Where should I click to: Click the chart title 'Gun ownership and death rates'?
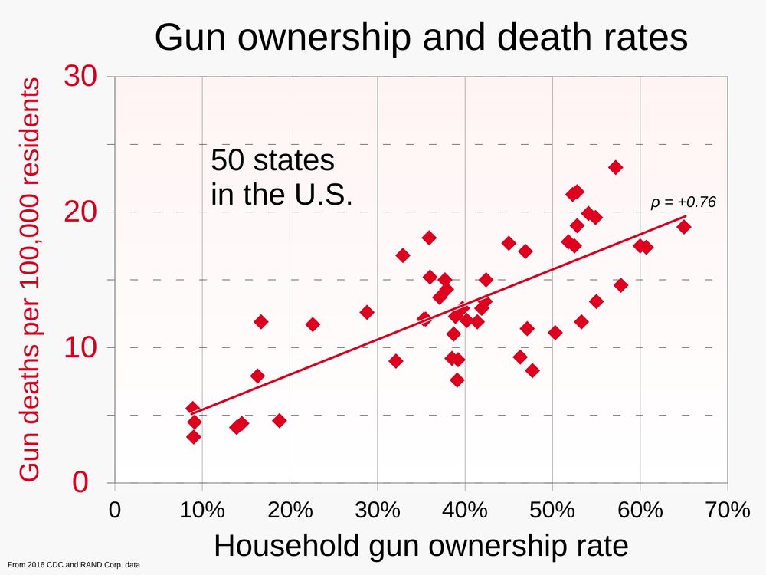pyautogui.click(x=421, y=38)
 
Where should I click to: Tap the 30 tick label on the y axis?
pyautogui.click(x=82, y=77)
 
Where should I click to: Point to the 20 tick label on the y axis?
pyautogui.click(x=82, y=212)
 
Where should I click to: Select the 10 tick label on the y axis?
pyautogui.click(x=82, y=347)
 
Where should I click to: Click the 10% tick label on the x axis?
pyautogui.click(x=202, y=511)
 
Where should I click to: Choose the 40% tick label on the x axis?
pyautogui.click(x=465, y=511)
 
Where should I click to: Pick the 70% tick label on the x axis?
pyautogui.click(x=727, y=511)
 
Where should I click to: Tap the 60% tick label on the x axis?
pyautogui.click(x=640, y=511)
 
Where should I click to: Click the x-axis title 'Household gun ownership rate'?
pyautogui.click(x=421, y=546)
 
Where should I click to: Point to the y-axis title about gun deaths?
pyautogui.click(x=29, y=280)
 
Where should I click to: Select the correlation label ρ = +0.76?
pyautogui.click(x=683, y=202)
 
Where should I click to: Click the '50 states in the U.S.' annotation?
pyautogui.click(x=281, y=178)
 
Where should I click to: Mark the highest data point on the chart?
pyautogui.click(x=615, y=167)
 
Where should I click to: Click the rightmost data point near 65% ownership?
pyautogui.click(x=683, y=227)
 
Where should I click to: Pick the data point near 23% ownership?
pyautogui.click(x=313, y=324)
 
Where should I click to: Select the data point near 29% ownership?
pyautogui.click(x=367, y=312)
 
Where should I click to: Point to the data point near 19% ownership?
pyautogui.click(x=279, y=420)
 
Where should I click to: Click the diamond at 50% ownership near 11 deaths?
pyautogui.click(x=555, y=333)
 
